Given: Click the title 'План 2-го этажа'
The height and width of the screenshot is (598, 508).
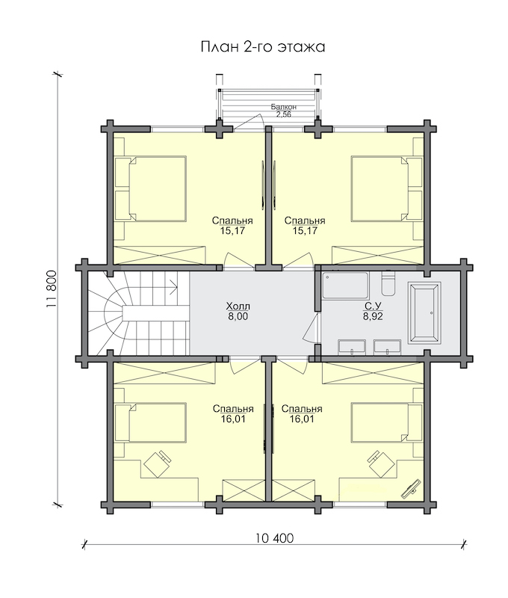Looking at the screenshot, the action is tap(262, 47).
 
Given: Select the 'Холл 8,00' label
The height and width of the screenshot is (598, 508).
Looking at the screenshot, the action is tap(238, 311).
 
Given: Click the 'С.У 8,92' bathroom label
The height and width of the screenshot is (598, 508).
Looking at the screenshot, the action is tap(373, 311).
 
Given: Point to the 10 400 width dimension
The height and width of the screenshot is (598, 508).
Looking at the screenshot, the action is tap(274, 538).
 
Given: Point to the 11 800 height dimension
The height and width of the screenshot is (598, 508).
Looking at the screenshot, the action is tap(52, 289).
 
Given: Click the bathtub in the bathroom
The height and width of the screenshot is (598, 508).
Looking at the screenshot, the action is tap(424, 312).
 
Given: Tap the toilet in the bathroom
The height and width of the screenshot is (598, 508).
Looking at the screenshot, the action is tap(388, 283).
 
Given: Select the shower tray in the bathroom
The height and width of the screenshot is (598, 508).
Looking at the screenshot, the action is tap(345, 285).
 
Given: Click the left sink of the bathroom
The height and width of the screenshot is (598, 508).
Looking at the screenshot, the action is tap(352, 347).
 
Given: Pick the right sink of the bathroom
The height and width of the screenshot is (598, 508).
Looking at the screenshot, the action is tap(387, 347).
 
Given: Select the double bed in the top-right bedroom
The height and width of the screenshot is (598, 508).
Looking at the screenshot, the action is tap(387, 189).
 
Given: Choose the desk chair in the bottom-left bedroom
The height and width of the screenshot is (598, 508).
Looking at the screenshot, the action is tap(157, 463).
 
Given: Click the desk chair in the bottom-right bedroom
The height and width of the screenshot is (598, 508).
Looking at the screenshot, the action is tap(381, 463).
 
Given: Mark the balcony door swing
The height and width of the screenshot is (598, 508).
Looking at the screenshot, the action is tap(248, 122).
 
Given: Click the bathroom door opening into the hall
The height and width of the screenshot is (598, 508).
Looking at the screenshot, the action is tap(311, 327).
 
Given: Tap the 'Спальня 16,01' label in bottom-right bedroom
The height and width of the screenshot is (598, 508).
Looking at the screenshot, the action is tap(302, 414).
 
